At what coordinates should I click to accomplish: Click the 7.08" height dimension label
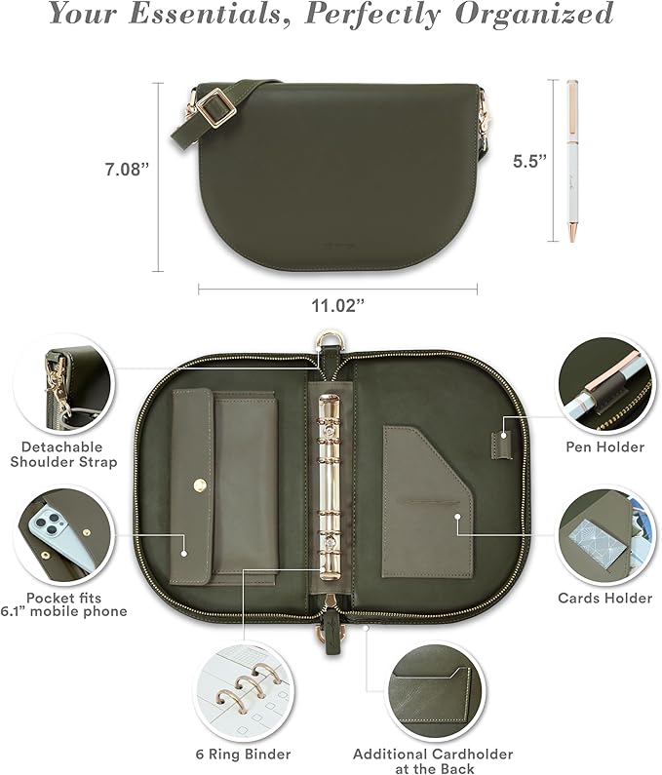click(x=126, y=169)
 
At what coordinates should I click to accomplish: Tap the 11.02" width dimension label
click(x=338, y=306)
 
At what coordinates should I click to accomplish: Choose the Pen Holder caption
click(x=605, y=446)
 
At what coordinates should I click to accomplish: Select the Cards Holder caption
click(x=605, y=597)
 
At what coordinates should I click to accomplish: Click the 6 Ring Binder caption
click(x=242, y=754)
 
